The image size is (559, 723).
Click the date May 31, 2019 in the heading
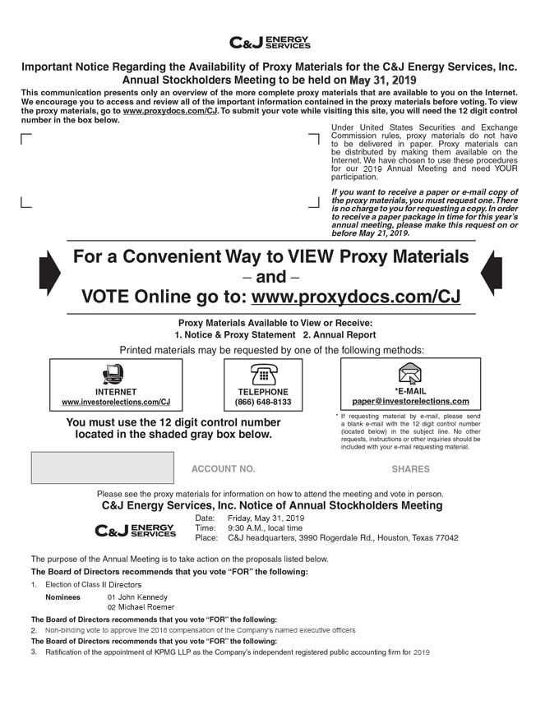tap(382, 81)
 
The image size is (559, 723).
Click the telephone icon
tap(262, 375)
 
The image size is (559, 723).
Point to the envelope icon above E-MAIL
tap(409, 374)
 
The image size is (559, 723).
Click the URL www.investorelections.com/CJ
tap(116, 403)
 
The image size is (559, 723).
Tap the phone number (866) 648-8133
tap(263, 403)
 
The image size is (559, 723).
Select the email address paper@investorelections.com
tap(410, 402)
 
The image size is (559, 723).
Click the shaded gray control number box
tap(102, 467)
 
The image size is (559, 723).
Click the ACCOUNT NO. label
tap(223, 469)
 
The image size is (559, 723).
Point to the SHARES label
tap(410, 469)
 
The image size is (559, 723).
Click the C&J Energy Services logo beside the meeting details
tap(136, 531)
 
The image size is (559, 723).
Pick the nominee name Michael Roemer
tap(146, 607)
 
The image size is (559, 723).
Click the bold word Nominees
tap(62, 597)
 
